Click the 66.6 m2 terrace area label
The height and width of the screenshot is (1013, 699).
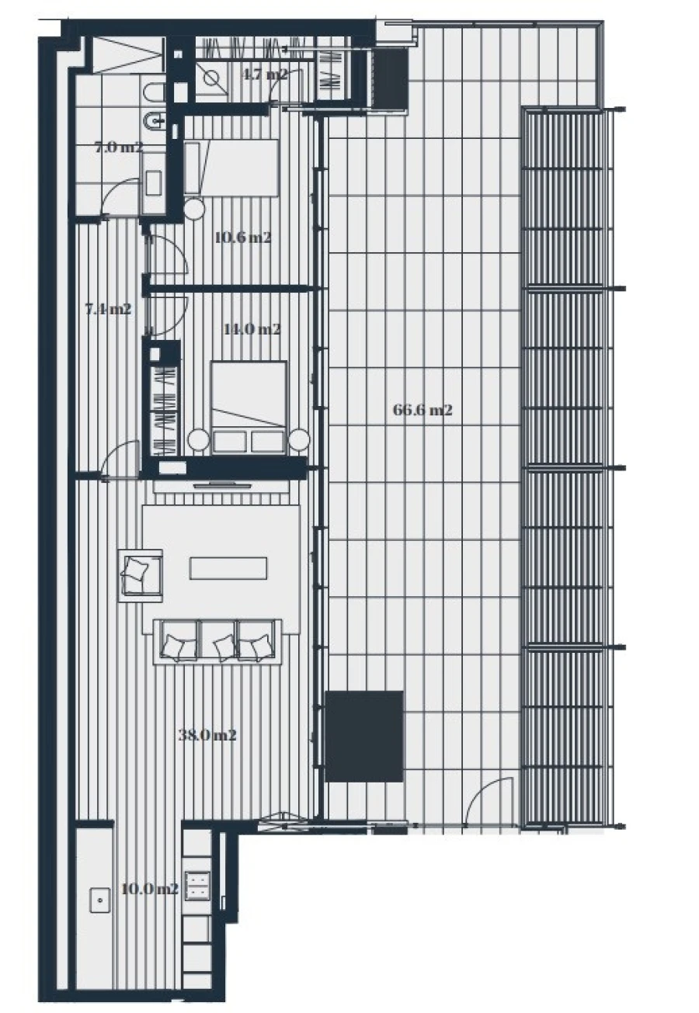(423, 411)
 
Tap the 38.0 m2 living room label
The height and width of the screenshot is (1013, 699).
(207, 734)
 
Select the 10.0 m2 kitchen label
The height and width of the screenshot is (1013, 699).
(151, 889)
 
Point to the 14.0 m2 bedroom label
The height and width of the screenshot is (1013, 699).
(252, 329)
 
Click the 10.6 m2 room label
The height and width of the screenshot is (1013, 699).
(242, 238)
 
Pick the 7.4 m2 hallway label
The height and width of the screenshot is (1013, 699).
(107, 309)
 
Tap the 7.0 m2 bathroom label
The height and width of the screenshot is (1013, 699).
(119, 147)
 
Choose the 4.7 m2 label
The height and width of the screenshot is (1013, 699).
(265, 75)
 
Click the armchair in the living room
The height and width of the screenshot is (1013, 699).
(140, 575)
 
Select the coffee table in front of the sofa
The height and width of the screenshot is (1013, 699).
(229, 567)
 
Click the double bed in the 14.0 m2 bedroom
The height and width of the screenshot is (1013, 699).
(249, 404)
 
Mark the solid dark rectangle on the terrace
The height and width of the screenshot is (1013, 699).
(364, 736)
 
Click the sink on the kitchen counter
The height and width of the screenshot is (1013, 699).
(99, 901)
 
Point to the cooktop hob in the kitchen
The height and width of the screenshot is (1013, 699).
(198, 885)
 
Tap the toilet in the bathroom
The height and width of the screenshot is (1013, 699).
(152, 94)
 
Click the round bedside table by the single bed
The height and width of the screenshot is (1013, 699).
(194, 207)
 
